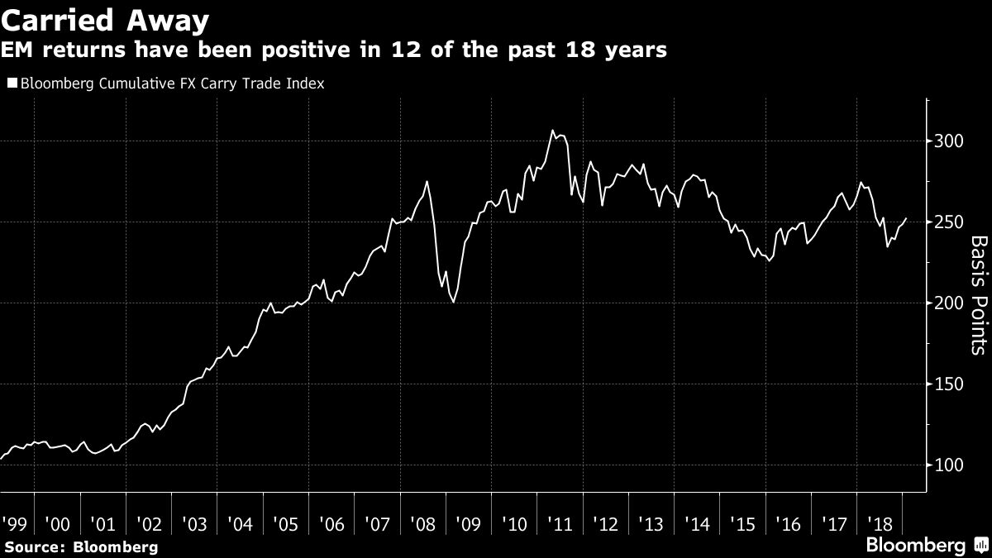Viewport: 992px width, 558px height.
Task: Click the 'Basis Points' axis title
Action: [978, 295]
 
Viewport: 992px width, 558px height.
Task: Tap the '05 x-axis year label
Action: [285, 524]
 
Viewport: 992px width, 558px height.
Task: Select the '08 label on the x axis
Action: [422, 524]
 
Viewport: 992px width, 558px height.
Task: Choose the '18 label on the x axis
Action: [877, 524]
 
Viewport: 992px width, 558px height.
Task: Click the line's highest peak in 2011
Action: [551, 130]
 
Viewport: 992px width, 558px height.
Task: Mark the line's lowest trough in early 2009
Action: [454, 303]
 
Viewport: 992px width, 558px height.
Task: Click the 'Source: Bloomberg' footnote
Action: [80, 547]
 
